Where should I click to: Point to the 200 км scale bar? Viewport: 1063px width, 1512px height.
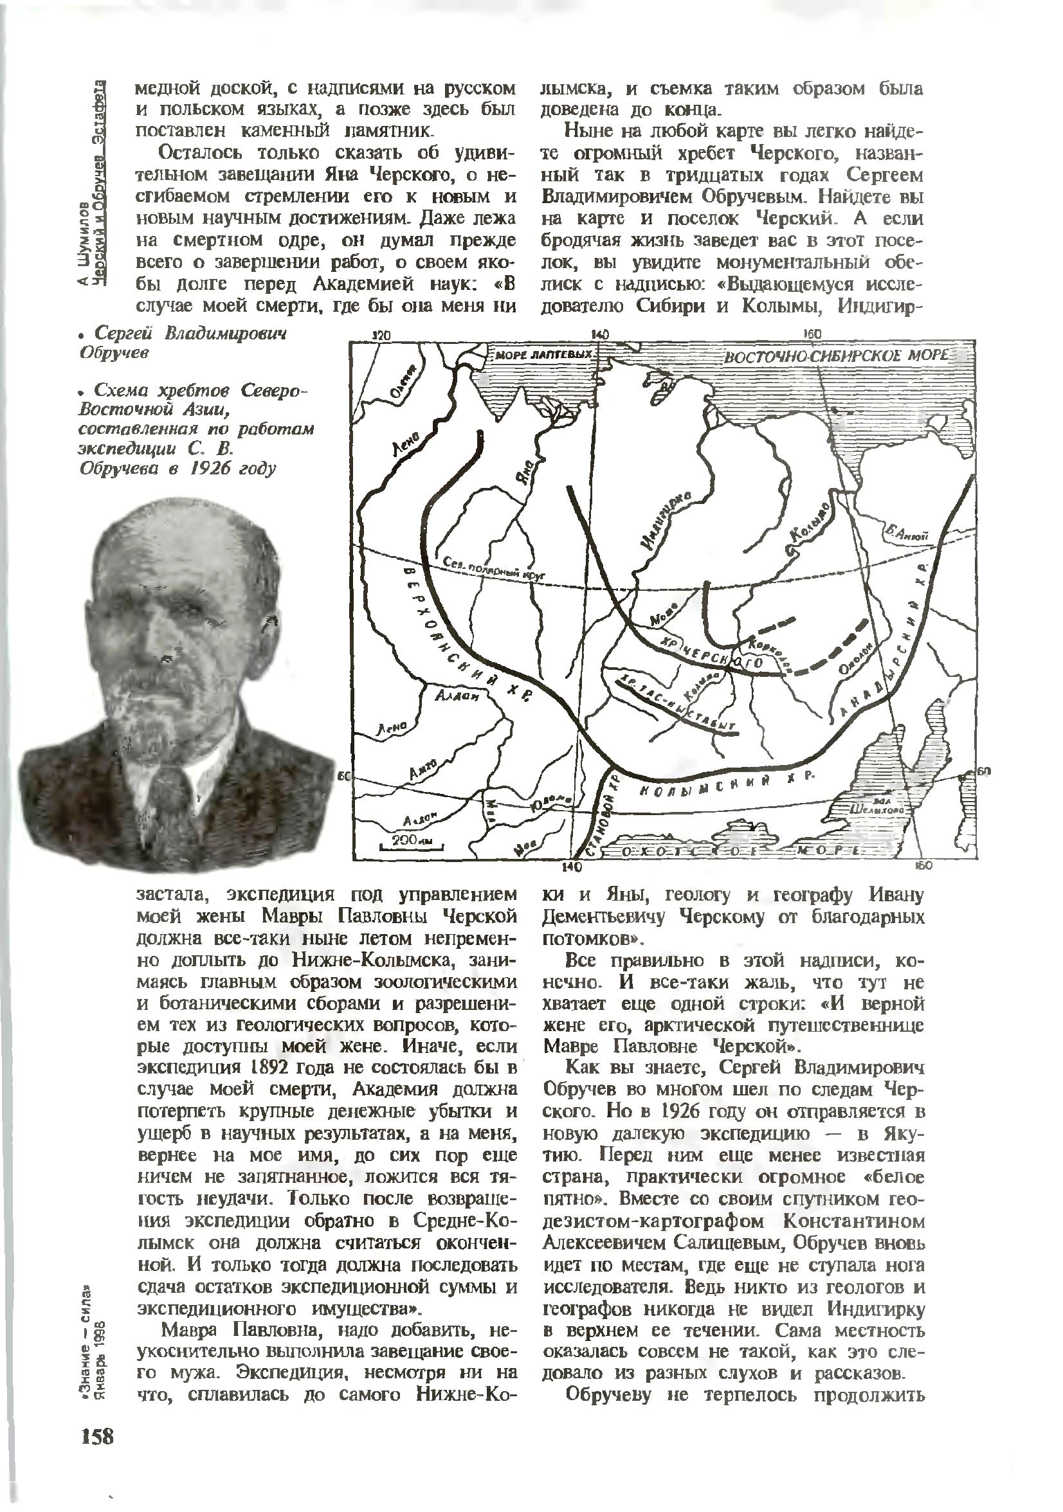click(x=408, y=841)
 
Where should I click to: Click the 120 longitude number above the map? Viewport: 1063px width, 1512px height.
click(x=381, y=335)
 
